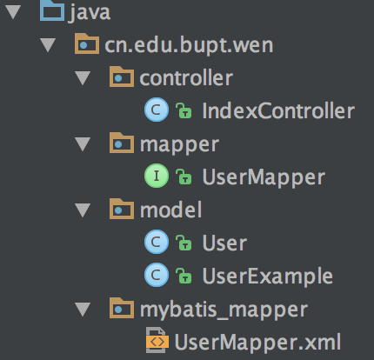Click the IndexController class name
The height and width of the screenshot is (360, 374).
(278, 110)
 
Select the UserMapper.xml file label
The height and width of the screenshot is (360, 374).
(257, 343)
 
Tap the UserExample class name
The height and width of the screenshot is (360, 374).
(267, 277)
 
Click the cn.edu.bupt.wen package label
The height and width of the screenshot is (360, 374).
(189, 45)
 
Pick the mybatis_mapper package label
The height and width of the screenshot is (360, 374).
(224, 310)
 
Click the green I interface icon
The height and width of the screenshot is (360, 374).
(157, 176)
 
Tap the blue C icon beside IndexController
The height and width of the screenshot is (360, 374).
(157, 110)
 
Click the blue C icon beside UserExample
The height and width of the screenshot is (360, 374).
(157, 275)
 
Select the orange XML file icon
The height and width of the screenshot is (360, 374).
(157, 341)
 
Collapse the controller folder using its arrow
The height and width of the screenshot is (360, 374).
(83, 78)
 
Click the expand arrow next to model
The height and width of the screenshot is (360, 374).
(83, 210)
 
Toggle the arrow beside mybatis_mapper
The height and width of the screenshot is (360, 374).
(83, 310)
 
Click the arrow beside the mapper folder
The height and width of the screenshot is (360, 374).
(83, 144)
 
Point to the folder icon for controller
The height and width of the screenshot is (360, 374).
(122, 77)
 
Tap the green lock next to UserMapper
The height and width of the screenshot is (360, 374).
(184, 177)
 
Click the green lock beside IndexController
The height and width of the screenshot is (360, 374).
(184, 110)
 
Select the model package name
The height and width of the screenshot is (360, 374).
(170, 210)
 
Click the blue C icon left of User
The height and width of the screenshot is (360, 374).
(157, 242)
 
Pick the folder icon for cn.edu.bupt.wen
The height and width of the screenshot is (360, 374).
(87, 43)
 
